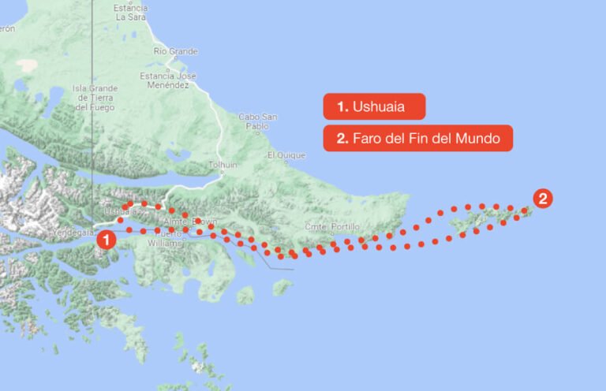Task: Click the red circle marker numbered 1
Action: (x=107, y=236)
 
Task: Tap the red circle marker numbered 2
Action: (x=543, y=198)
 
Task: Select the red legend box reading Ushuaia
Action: (x=374, y=106)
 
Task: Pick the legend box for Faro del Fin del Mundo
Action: (x=417, y=138)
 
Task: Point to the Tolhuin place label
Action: (x=222, y=165)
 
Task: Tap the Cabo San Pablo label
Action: (x=258, y=121)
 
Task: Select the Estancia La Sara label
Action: (x=132, y=11)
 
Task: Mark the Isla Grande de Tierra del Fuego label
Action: (x=94, y=98)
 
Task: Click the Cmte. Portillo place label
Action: (x=326, y=227)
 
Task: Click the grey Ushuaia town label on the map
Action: (x=119, y=211)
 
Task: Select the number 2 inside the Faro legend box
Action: (x=342, y=139)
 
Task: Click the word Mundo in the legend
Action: (x=480, y=139)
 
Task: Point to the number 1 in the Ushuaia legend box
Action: (x=342, y=106)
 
